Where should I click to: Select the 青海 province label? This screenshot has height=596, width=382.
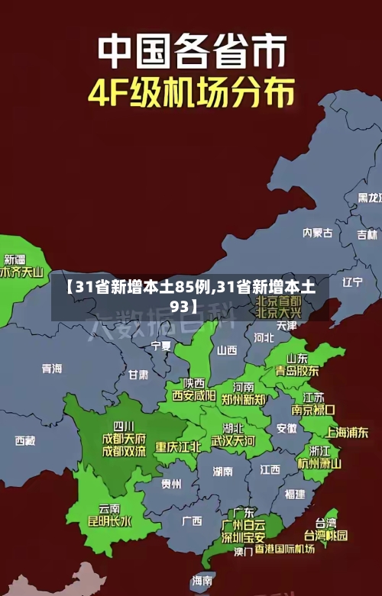[52, 369]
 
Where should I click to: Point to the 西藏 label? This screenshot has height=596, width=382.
[25, 440]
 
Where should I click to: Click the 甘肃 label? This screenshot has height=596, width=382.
[138, 375]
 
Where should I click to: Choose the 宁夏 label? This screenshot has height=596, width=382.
[161, 346]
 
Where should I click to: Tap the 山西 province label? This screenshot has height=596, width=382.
[227, 350]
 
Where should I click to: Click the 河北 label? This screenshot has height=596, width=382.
[264, 337]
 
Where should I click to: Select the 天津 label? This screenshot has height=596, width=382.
[286, 325]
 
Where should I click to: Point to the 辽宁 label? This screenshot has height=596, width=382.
[352, 282]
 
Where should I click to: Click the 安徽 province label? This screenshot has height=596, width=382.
[286, 428]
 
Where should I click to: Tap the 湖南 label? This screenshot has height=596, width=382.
[223, 471]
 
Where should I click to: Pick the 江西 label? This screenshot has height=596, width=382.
[270, 469]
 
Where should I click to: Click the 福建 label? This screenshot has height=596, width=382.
[295, 494]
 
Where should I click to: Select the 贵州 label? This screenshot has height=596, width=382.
[171, 483]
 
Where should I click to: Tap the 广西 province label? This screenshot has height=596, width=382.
[192, 521]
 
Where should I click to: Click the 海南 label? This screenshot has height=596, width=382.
[202, 580]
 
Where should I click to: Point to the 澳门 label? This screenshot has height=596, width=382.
[243, 551]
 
